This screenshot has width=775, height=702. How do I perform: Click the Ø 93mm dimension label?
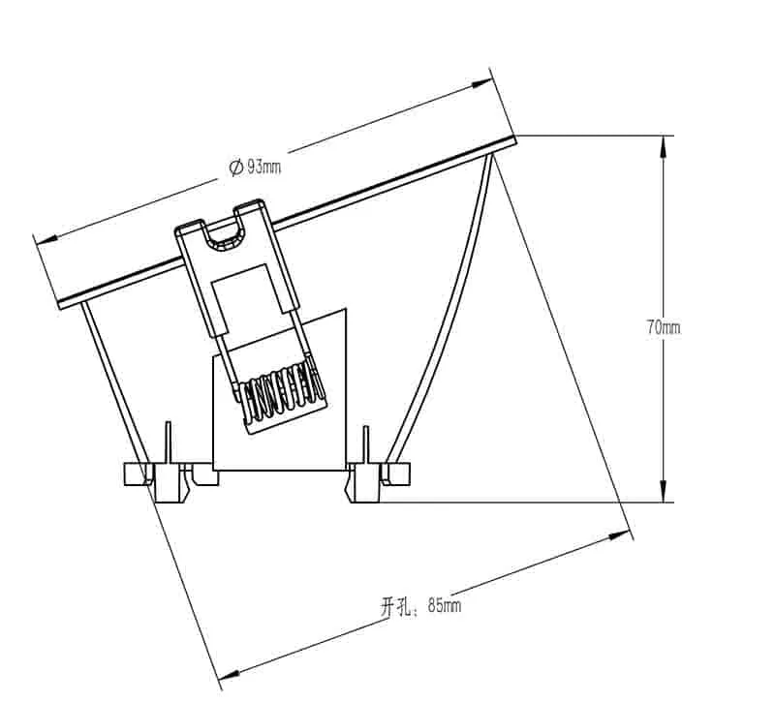point(255,167)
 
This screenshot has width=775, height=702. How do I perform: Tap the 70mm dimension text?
point(664,327)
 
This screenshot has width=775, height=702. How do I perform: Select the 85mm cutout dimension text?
point(445,605)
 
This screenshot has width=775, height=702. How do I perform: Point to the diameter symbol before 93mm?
point(235,168)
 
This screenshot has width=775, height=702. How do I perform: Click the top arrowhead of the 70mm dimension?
point(664,146)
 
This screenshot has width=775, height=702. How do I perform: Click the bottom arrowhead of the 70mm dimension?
point(664,491)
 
